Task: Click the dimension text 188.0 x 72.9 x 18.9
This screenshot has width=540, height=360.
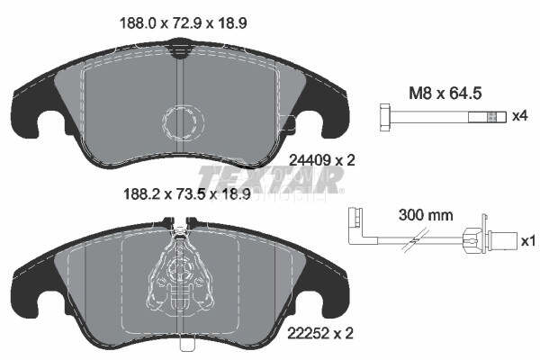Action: [x=183, y=23]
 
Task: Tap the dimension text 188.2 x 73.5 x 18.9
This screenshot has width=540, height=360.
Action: [x=186, y=194]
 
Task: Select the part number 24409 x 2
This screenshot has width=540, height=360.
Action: [x=322, y=160]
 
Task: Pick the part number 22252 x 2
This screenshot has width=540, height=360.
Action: [x=320, y=334]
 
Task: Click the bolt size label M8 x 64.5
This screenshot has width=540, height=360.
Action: [x=445, y=94]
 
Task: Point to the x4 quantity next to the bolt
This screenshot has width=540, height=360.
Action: [x=519, y=116]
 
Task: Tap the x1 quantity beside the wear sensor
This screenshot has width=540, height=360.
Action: [x=528, y=241]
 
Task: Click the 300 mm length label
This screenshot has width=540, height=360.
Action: [x=426, y=215]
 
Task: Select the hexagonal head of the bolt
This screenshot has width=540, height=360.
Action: [x=385, y=117]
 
